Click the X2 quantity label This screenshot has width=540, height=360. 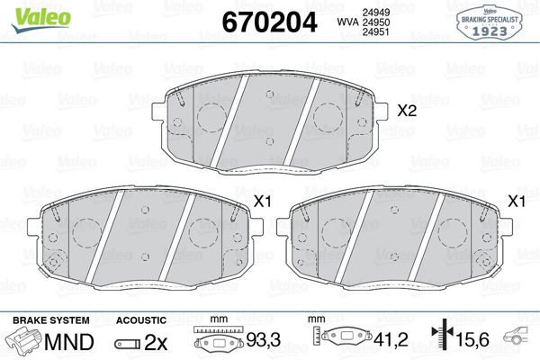(x=408, y=112)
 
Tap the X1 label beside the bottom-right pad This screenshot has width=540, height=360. (x=517, y=202)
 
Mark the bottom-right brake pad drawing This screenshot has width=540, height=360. (x=398, y=238)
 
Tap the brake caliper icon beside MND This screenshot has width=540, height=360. (x=25, y=342)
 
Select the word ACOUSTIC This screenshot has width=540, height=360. (x=141, y=320)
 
